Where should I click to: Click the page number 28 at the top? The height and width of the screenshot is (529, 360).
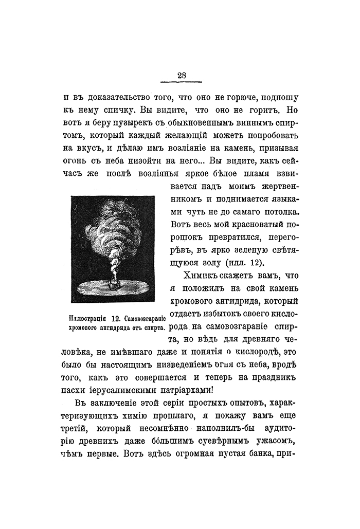click(182, 75)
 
